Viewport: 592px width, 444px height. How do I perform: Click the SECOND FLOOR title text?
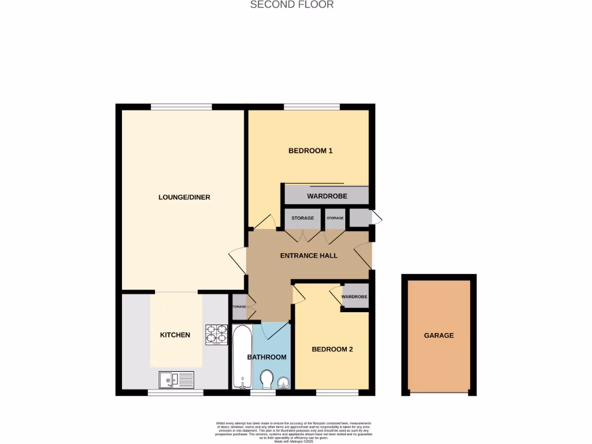[291, 5]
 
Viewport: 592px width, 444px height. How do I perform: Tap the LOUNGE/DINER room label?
[184, 197]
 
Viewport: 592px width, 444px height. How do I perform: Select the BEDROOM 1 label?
[310, 151]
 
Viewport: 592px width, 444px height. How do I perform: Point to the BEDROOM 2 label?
[332, 349]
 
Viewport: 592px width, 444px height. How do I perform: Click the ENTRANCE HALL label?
[309, 256]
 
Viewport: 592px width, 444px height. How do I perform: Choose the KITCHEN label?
[175, 335]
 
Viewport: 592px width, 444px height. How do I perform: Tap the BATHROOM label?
[267, 357]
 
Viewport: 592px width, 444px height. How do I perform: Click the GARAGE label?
[438, 335]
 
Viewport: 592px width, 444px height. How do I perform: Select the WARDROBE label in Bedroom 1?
[327, 196]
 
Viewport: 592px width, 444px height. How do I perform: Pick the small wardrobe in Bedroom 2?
[354, 297]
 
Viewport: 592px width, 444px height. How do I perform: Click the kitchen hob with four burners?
[217, 335]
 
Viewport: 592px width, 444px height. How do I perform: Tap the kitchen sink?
[176, 380]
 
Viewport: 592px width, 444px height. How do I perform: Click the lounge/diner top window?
[181, 107]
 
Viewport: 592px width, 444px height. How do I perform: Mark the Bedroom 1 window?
[311, 107]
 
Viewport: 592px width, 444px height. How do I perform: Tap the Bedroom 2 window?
[337, 393]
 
